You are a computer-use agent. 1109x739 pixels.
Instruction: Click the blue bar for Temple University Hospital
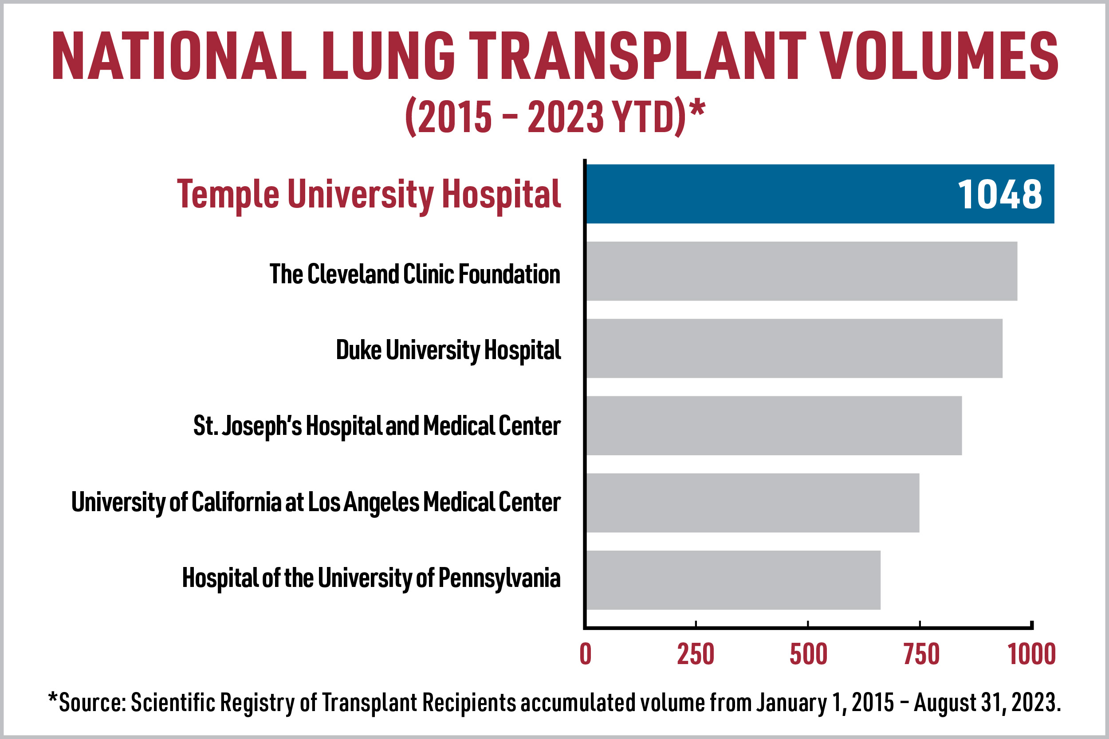tap(773, 194)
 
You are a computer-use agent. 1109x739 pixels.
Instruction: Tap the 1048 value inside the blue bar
tap(999, 195)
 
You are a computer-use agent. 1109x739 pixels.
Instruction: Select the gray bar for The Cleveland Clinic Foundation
tap(802, 271)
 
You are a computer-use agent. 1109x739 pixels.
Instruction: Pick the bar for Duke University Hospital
tap(794, 348)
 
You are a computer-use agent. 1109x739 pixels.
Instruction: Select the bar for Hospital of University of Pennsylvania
tap(733, 580)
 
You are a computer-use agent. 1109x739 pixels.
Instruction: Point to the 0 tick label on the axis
tap(586, 654)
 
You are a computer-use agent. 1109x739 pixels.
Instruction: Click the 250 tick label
tap(696, 654)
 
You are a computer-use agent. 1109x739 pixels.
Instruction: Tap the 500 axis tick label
tap(809, 654)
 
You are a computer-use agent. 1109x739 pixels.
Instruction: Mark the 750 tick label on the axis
tap(921, 654)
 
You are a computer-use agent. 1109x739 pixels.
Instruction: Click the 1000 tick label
tap(1032, 654)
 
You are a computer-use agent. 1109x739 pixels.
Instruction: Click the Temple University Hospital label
tap(369, 195)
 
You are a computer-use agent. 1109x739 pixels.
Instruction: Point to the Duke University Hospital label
tap(448, 350)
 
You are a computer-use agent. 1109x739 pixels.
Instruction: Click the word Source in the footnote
tap(92, 703)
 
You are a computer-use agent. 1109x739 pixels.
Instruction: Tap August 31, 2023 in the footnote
tap(987, 703)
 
